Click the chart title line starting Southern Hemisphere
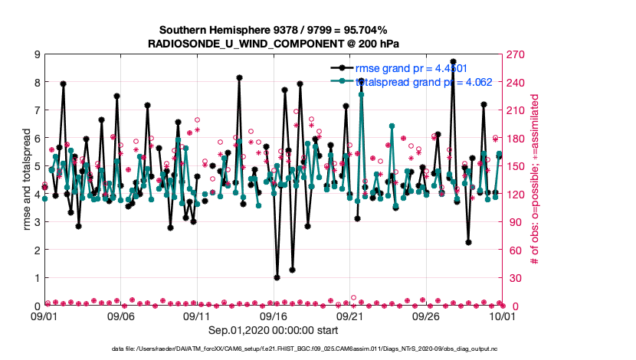pyautogui.click(x=273, y=31)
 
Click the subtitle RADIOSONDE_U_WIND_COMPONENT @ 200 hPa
pyautogui.click(x=273, y=44)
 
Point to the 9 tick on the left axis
pyautogui.click(x=36, y=54)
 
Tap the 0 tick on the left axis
pyautogui.click(x=36, y=306)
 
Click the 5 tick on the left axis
pyautogui.click(x=36, y=166)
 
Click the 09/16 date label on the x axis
pyautogui.click(x=274, y=316)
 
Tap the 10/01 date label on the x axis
pyautogui.click(x=502, y=316)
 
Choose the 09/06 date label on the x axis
pyautogui.click(x=121, y=316)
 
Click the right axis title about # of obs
pyautogui.click(x=536, y=180)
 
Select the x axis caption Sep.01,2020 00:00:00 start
pyautogui.click(x=274, y=331)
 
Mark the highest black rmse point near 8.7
pyautogui.click(x=453, y=62)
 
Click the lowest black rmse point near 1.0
pyautogui.click(x=277, y=278)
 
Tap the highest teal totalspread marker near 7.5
pyautogui.click(x=361, y=95)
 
